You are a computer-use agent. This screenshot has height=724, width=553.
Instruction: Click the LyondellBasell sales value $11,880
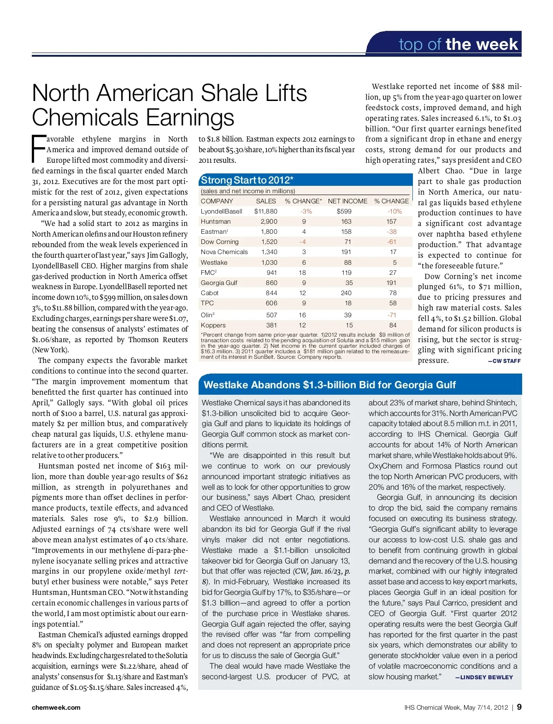click(x=266, y=211)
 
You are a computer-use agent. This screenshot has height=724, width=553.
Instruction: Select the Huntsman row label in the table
click(x=216, y=221)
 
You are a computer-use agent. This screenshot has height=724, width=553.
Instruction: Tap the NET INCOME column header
click(x=347, y=201)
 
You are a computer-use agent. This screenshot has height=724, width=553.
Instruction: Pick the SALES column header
click(x=266, y=201)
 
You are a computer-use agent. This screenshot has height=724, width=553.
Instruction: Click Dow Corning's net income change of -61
click(x=392, y=242)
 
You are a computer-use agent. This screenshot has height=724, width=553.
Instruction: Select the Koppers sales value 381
click(x=271, y=325)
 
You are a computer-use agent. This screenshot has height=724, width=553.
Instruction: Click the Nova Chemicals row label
click(x=224, y=252)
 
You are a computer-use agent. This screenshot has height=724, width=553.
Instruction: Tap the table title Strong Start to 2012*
click(x=247, y=180)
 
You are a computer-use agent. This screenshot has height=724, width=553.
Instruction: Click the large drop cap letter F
click(x=39, y=148)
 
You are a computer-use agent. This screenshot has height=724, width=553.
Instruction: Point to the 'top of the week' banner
click(x=458, y=44)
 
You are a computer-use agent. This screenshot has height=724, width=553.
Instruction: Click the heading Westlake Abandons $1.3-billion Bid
click(x=329, y=385)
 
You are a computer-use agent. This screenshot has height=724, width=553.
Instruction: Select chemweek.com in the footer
click(x=56, y=707)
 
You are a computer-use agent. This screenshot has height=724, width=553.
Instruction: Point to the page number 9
click(x=519, y=707)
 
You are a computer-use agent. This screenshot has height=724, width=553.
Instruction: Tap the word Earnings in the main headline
click(x=190, y=117)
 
